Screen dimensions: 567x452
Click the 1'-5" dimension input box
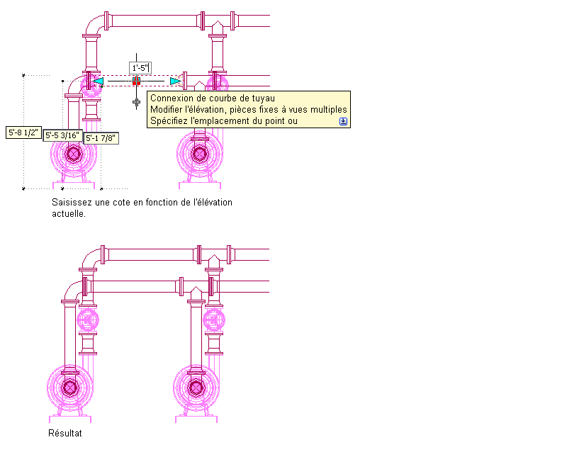[140, 67]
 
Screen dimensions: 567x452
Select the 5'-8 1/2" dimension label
[23, 132]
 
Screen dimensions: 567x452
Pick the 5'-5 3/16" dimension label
[62, 135]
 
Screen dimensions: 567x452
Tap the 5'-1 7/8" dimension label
[101, 138]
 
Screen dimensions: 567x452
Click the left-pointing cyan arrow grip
[98, 81]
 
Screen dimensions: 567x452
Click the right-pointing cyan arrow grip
[175, 81]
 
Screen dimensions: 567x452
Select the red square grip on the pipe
[136, 81]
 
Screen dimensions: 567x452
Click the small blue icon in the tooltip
[343, 121]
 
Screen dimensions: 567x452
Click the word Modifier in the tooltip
[166, 109]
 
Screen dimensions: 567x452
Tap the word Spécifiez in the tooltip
[169, 120]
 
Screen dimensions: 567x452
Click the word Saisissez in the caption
[72, 202]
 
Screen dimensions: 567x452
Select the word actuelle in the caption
[69, 214]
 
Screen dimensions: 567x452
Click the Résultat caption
[65, 433]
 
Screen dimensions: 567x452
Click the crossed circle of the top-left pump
[74, 154]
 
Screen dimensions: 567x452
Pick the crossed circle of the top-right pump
[200, 154]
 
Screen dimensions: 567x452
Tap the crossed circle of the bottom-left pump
[69, 388]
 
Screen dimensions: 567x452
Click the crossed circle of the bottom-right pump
[196, 388]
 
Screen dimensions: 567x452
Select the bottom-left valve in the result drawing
[88, 320]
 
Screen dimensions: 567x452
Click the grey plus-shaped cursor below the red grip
[136, 103]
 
